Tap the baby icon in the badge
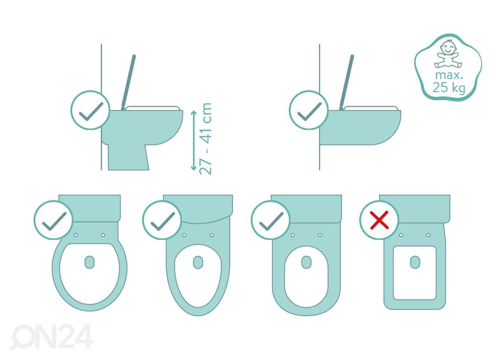pos(448,54)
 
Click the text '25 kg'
pos(449,87)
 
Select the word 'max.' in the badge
pos(449,75)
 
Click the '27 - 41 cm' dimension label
pos(206,139)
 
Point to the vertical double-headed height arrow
pos(194,140)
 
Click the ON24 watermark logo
pos(52,337)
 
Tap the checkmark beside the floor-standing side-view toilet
pos(91,111)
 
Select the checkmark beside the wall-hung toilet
pos(309,111)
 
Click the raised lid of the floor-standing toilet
pos(129,83)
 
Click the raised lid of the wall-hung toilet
pos(347,83)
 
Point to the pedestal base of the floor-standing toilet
pos(129,157)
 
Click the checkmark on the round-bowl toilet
pos(54,221)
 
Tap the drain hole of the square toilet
pos(415,262)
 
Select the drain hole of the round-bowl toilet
pos(90,262)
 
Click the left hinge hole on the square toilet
pos(401,235)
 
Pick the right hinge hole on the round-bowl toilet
pos(103,235)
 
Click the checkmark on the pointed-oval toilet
pos(163,221)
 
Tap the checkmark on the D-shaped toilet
pos(271,221)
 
